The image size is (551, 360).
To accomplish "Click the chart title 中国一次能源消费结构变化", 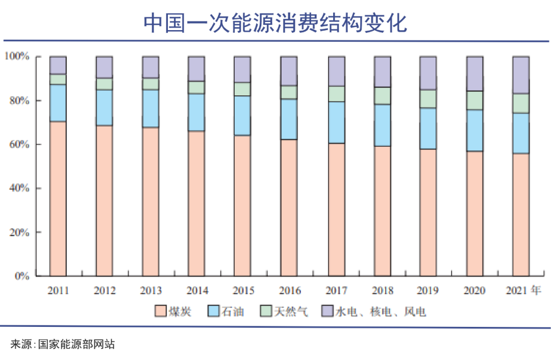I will [x=275, y=22].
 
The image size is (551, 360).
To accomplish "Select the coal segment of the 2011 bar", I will [x=58, y=198].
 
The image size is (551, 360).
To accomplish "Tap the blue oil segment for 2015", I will [x=242, y=116].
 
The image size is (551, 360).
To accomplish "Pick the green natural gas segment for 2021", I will [x=521, y=104].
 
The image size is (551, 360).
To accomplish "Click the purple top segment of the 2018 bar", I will [x=382, y=72].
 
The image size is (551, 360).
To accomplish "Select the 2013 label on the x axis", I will [x=151, y=291].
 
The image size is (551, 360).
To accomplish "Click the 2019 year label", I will [x=428, y=291].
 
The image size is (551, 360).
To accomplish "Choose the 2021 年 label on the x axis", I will [x=523, y=291].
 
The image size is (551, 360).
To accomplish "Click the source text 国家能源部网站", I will [x=76, y=344].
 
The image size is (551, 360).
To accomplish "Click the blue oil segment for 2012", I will [x=104, y=108].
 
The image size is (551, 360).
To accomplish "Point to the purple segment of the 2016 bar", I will [x=289, y=71].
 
